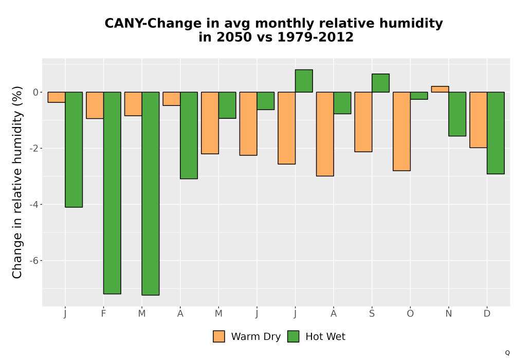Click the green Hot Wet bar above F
point(112,193)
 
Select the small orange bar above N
point(440,89)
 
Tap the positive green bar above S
point(380,83)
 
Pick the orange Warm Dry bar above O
point(401,131)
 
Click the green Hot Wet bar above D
point(495,133)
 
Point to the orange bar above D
point(478,120)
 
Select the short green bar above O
point(419,96)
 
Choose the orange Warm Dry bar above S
point(363,122)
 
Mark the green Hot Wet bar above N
point(457,114)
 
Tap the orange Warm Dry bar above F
point(95,105)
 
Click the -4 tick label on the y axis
point(34,205)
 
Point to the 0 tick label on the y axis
point(36,92)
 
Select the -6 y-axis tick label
point(34,261)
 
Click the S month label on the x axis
point(372,314)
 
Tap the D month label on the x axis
point(487,314)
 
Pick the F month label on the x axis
point(103,314)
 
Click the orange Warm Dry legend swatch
point(218,336)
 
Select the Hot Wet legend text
point(325,337)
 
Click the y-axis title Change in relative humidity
point(17,182)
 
